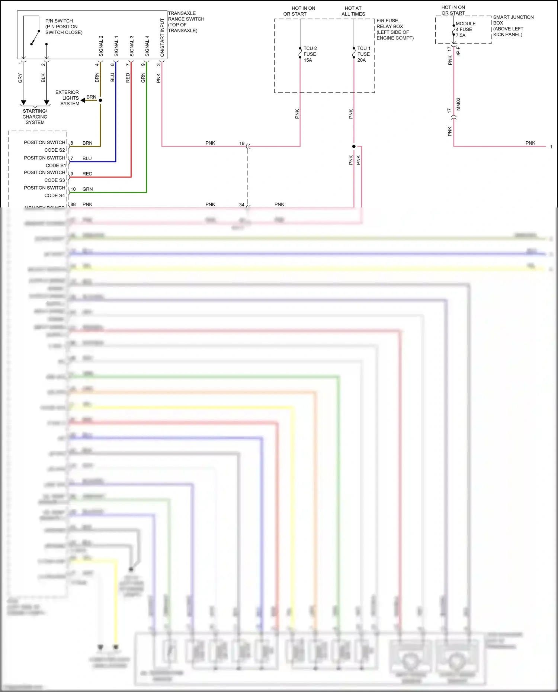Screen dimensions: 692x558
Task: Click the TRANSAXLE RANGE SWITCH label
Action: (186, 22)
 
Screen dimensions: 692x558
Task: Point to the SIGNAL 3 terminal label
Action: (132, 46)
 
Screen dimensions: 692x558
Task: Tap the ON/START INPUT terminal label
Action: (162, 38)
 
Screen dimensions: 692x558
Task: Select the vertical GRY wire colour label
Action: (20, 78)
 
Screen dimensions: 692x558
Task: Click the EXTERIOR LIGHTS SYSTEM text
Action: (67, 98)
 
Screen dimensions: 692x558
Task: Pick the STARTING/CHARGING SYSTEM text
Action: (35, 116)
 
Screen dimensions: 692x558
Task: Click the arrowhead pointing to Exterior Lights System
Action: (83, 100)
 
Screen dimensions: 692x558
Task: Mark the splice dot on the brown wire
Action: (100, 100)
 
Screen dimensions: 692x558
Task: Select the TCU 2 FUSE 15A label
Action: (310, 54)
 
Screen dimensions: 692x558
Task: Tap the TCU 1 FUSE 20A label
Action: (363, 54)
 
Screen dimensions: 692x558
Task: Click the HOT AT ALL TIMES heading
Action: (353, 11)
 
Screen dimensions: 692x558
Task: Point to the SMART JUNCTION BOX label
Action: (513, 26)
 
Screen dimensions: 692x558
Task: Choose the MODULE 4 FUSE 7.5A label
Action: (465, 29)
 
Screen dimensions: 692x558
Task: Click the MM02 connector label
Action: (458, 104)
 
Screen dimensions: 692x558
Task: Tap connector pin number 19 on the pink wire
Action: (242, 143)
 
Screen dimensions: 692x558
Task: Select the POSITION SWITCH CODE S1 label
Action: (45, 161)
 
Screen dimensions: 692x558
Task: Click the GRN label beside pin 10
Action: (88, 189)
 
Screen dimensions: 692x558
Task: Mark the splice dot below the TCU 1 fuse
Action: (354, 147)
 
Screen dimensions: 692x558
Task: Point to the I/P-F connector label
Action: (458, 52)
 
